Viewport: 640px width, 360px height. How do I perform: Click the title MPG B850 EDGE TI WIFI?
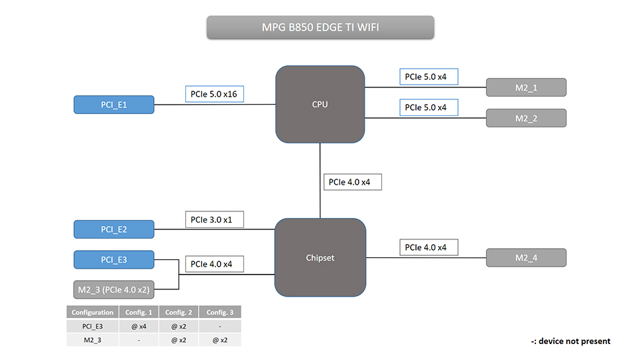click(320, 28)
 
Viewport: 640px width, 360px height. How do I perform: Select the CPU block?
click(320, 105)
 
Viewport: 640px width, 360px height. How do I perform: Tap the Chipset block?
click(320, 257)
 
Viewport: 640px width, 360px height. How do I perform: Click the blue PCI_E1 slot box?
click(114, 105)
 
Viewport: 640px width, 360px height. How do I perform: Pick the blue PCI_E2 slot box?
click(114, 229)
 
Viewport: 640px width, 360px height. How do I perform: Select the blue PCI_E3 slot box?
click(114, 259)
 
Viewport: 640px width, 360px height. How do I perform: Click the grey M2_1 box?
click(526, 87)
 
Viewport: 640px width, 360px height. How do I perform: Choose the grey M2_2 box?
click(526, 118)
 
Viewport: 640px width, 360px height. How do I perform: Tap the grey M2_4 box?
click(526, 257)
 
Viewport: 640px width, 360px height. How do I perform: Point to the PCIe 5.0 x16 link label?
click(214, 94)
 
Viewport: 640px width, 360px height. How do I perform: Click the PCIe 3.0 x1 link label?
click(214, 219)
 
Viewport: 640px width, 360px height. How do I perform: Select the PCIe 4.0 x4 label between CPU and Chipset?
click(353, 182)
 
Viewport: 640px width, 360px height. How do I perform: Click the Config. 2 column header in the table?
click(179, 312)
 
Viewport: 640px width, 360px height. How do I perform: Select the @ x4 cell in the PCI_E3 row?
click(138, 326)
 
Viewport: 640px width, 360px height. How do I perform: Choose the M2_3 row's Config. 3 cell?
click(220, 340)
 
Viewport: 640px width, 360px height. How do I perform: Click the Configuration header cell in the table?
click(93, 312)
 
